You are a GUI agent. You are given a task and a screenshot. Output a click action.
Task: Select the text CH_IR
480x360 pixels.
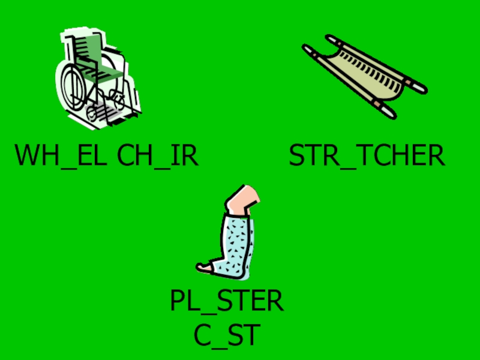(157, 155)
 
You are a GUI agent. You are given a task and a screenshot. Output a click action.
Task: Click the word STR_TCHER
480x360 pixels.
(367, 155)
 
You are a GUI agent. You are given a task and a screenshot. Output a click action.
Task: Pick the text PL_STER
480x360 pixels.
(226, 301)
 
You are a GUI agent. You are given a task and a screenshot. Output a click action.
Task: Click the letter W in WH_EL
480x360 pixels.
(28, 155)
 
